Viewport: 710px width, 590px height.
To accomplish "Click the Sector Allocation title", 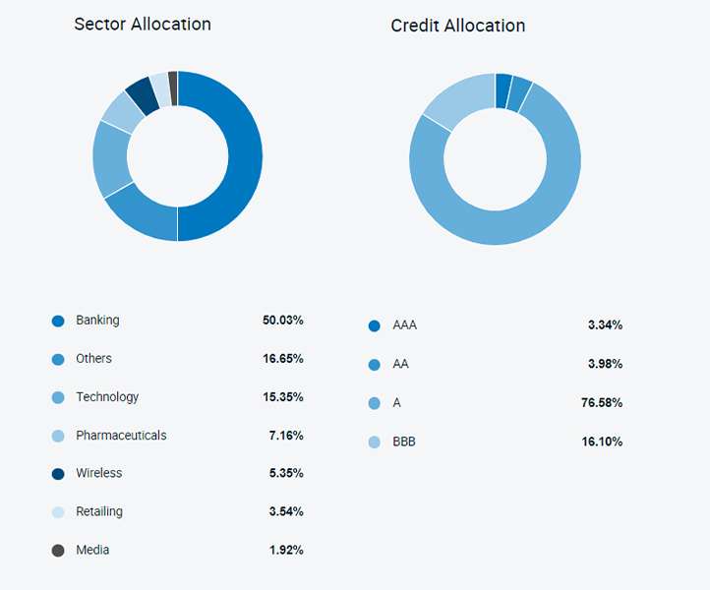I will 143,24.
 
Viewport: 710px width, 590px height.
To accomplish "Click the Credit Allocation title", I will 457,26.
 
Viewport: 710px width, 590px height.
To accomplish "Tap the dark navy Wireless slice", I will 139,93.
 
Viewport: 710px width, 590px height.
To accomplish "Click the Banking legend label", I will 97,321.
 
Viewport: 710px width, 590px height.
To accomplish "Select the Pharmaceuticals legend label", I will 121,436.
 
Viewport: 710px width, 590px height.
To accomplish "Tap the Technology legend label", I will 107,397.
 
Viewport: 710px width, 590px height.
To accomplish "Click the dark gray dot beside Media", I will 58,551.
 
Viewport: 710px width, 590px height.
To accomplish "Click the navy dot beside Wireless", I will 58,474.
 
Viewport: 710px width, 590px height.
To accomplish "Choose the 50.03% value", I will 282,321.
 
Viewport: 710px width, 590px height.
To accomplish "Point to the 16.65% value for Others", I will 282,359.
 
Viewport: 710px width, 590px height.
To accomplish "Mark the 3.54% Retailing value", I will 285,512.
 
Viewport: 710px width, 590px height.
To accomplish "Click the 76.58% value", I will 601,403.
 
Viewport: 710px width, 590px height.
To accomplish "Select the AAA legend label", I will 405,325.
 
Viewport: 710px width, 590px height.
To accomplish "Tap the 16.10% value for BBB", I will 602,442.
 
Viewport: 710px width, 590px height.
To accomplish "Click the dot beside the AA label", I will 374,365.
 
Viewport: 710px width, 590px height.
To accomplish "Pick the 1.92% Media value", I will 285,551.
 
